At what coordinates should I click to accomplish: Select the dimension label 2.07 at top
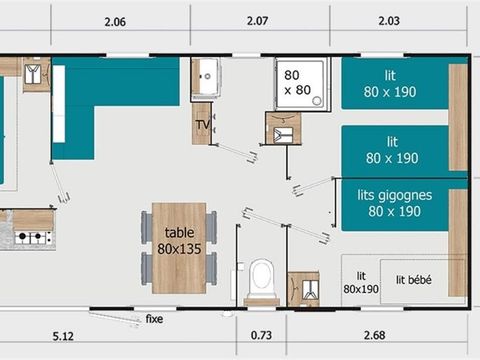coord(262,21)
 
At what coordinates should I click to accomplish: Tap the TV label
coord(202,125)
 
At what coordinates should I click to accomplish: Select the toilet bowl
coord(262,277)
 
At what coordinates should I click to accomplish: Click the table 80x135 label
coord(179,241)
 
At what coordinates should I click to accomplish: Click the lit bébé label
coord(413,281)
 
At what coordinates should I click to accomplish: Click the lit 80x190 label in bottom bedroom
coord(362,282)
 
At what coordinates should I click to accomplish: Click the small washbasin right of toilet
coord(302,288)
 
